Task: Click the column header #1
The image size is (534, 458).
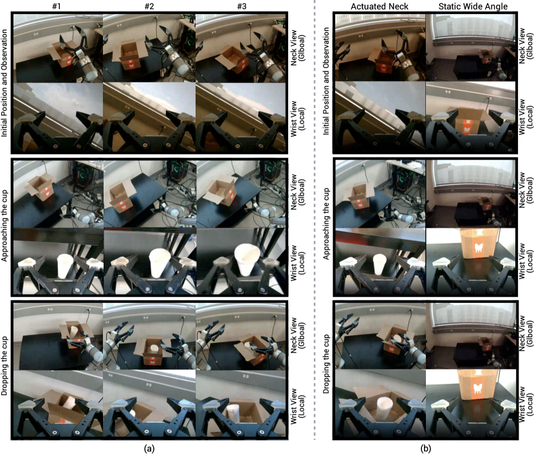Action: point(57,6)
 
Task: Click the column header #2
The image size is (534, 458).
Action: point(149,6)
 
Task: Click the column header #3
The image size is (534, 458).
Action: point(241,6)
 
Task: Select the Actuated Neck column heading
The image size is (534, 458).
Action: point(380,6)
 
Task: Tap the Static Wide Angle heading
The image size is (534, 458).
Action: point(473,6)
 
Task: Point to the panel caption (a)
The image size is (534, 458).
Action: point(149,448)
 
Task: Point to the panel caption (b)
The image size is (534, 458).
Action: point(425,448)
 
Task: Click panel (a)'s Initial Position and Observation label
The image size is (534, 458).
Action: point(5,83)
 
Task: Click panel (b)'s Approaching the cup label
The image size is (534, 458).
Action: point(326,224)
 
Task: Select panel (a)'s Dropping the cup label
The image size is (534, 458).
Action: point(5,366)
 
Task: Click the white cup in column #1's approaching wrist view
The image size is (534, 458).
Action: point(64,266)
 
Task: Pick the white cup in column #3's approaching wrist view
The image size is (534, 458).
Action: point(248,259)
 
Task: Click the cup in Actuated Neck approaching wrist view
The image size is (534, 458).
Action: point(380,264)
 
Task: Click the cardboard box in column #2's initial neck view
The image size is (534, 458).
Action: point(130,54)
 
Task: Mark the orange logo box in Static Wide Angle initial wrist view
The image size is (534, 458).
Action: point(468,123)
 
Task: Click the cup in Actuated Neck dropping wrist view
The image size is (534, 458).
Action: point(384,408)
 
